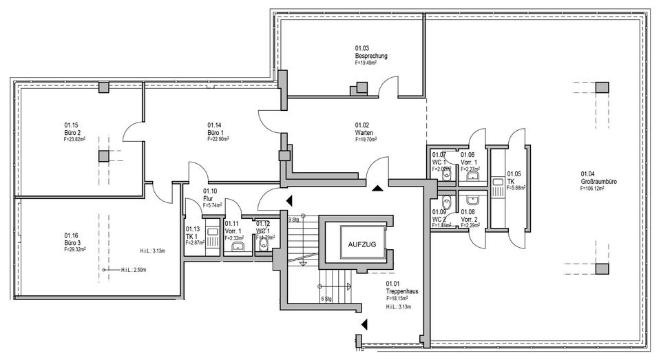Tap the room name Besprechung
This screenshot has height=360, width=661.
(x=371, y=55)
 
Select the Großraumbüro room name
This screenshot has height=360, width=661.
(x=597, y=180)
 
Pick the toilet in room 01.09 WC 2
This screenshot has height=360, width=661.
(x=447, y=203)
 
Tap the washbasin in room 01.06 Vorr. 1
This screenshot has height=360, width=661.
(x=472, y=176)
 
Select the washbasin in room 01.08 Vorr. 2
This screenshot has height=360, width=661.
(x=472, y=200)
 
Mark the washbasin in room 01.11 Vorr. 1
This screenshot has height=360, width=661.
(x=238, y=246)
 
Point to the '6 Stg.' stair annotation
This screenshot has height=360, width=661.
(x=327, y=298)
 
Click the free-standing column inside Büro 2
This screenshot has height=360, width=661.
(x=103, y=156)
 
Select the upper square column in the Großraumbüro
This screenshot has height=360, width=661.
(x=602, y=87)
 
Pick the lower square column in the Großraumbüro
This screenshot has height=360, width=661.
(x=602, y=269)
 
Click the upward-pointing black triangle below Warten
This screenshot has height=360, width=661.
(x=377, y=187)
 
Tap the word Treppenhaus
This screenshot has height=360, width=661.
(x=403, y=291)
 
